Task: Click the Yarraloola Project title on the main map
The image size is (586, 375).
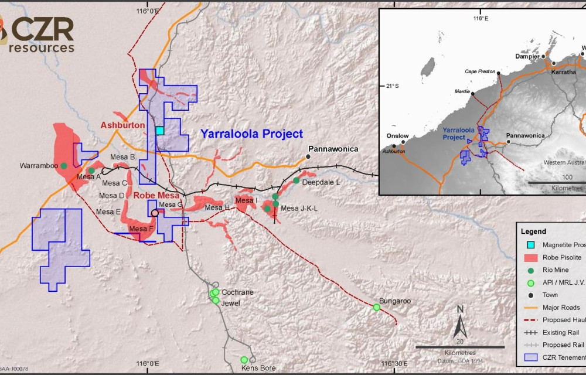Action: (251, 134)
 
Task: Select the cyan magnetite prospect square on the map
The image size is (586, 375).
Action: (159, 130)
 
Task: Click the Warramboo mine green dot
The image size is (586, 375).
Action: (63, 166)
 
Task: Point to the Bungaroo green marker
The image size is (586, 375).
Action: (377, 307)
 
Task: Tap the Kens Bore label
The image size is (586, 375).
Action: (258, 369)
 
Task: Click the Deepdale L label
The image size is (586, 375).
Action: (321, 182)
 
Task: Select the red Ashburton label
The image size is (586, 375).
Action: (122, 125)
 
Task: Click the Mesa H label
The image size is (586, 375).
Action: (217, 207)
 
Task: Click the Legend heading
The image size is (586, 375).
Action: (533, 231)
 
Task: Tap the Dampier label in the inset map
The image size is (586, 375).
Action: (527, 57)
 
